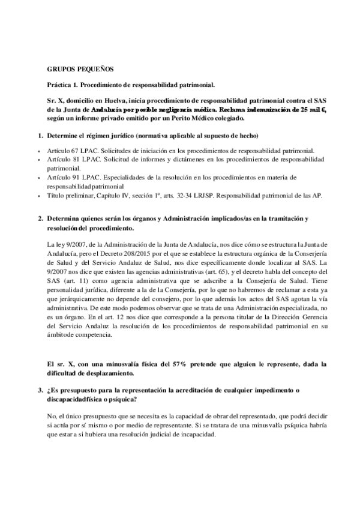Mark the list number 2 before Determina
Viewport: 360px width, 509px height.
click(x=40, y=220)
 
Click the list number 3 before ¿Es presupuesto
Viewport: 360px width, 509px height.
click(x=40, y=391)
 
